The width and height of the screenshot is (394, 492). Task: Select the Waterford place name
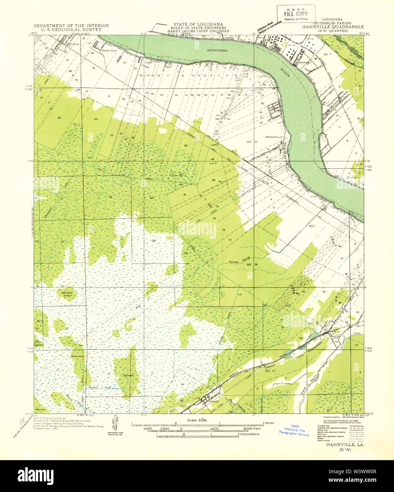click(x=109, y=51)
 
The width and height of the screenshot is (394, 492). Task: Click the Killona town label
click(x=74, y=44)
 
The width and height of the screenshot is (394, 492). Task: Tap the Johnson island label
click(x=129, y=375)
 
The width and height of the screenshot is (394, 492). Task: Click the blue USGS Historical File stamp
click(x=294, y=430)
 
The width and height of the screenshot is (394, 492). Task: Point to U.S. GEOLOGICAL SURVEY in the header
click(x=71, y=30)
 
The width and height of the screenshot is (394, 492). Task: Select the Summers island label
click(x=77, y=356)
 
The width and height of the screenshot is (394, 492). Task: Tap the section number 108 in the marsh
click(x=153, y=240)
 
